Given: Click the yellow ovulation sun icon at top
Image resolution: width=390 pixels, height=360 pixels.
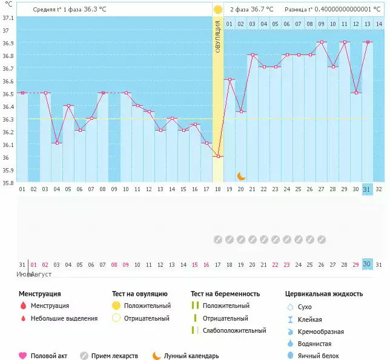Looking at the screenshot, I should [217, 10].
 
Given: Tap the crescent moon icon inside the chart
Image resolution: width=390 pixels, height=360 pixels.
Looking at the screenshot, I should [241, 175].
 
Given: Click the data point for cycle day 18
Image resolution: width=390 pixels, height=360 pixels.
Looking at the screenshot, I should [218, 156].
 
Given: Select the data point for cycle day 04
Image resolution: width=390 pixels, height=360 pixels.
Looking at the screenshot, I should [57, 143].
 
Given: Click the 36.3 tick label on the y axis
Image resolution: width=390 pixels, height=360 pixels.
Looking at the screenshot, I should [8, 119].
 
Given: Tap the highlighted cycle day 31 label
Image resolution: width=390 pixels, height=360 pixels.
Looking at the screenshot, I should [366, 189].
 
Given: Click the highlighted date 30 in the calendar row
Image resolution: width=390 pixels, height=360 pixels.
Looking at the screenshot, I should [366, 264].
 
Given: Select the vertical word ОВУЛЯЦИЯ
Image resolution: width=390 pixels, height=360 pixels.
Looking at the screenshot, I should [218, 36].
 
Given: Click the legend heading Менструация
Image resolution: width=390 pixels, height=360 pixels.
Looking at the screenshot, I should [39, 293].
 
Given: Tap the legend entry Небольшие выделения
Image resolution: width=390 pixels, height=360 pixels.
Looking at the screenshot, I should [64, 318].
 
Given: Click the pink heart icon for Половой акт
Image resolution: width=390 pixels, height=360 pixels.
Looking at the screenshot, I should [23, 356].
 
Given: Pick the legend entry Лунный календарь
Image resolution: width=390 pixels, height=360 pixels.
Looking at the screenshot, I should [191, 356].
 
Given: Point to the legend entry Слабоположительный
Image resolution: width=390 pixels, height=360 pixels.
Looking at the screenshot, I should [234, 330].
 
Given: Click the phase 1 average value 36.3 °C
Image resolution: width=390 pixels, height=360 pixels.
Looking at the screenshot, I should [98, 10].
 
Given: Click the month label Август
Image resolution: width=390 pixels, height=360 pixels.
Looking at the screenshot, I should [40, 274].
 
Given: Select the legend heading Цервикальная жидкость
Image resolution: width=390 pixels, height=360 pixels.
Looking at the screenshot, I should [324, 293].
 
